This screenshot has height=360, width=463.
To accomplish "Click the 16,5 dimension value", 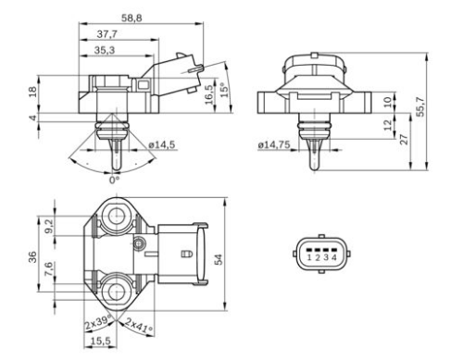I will (209, 93).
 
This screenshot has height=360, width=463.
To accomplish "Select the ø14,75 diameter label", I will (273, 144).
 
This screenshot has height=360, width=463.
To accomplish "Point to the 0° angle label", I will (114, 180).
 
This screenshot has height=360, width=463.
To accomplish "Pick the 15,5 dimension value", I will (99, 341).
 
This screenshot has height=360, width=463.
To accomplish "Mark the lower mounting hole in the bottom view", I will (117, 286).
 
